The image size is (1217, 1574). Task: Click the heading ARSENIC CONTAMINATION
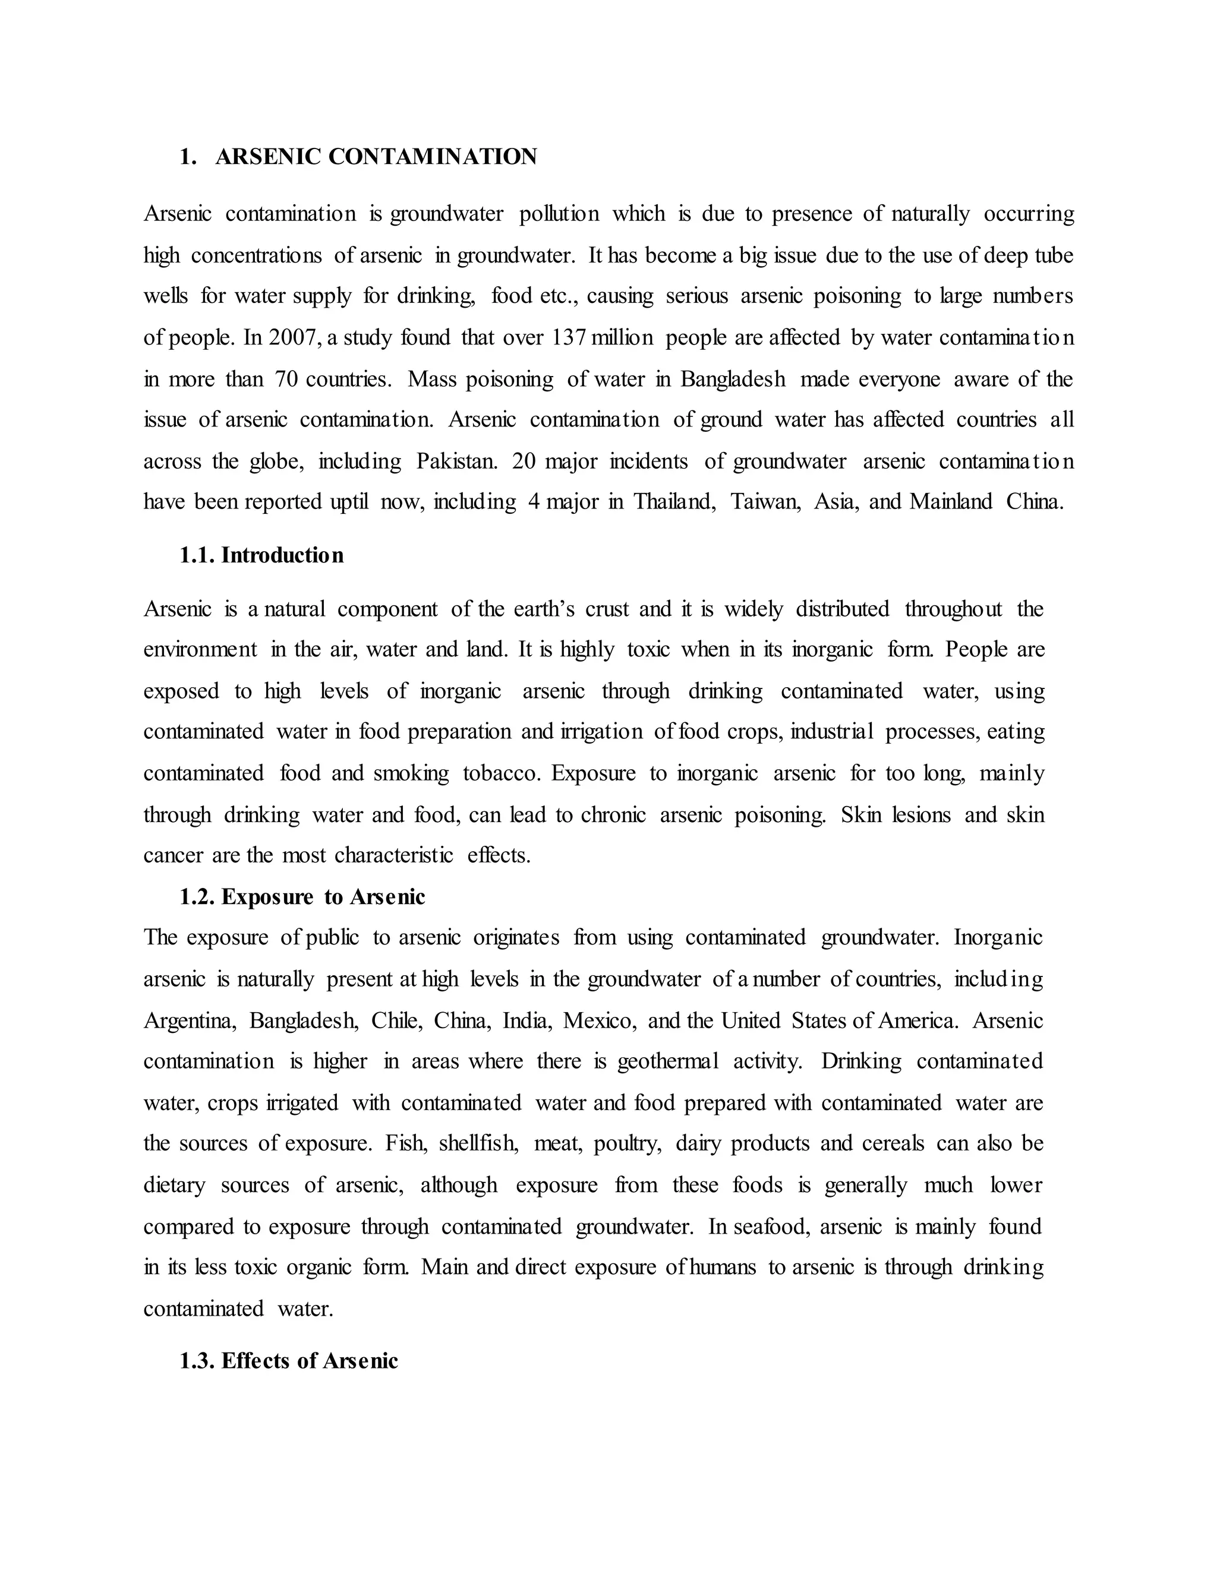376,157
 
